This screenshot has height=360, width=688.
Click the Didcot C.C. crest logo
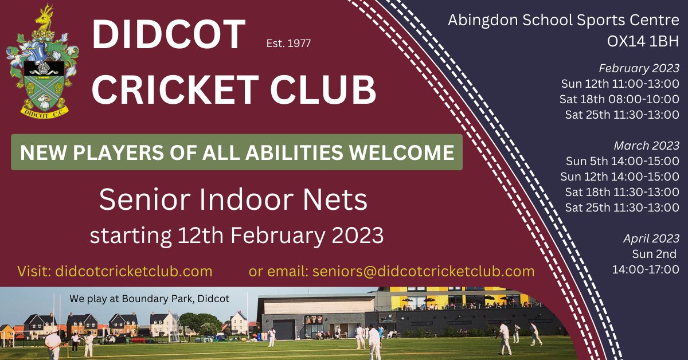click(x=43, y=63)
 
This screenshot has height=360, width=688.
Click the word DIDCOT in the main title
click(x=169, y=36)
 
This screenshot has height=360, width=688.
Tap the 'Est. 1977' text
click(x=289, y=44)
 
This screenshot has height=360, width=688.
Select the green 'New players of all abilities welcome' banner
click(x=237, y=152)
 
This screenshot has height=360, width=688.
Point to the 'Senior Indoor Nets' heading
click(x=233, y=200)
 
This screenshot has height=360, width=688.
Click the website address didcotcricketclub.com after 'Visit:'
click(x=134, y=271)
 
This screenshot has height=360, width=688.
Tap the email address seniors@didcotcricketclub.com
click(x=423, y=271)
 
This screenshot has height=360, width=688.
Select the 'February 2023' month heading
click(x=639, y=68)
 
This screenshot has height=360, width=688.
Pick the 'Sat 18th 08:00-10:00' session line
click(x=620, y=99)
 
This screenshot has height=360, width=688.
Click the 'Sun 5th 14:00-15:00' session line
click(x=623, y=161)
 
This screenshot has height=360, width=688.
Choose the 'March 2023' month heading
click(x=646, y=146)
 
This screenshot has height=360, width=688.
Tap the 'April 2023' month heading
click(x=651, y=238)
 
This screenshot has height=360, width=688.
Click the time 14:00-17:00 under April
click(x=646, y=269)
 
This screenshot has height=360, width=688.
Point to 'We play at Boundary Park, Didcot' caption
click(x=149, y=299)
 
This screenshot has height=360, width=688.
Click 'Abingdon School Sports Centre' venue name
click(x=564, y=21)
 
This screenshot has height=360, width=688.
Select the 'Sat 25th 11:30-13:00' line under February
click(x=622, y=115)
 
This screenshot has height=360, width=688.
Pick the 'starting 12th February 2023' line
click(x=236, y=235)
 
